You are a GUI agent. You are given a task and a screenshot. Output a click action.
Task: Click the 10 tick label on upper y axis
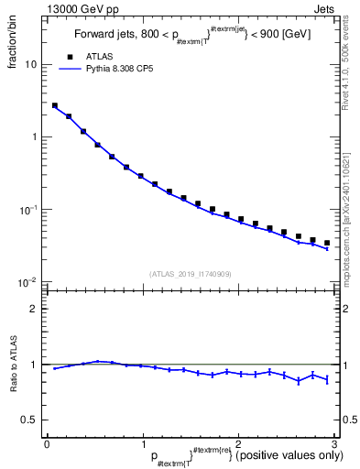point(31,65)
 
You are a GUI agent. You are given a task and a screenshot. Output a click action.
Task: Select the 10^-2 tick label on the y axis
point(29,281)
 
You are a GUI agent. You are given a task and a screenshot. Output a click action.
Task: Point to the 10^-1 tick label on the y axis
point(29,210)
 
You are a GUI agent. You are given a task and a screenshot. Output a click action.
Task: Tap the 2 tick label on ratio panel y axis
point(36,309)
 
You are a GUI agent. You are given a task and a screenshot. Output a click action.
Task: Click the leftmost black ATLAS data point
point(55,106)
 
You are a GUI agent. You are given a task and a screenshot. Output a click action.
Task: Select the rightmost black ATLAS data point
point(327,243)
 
